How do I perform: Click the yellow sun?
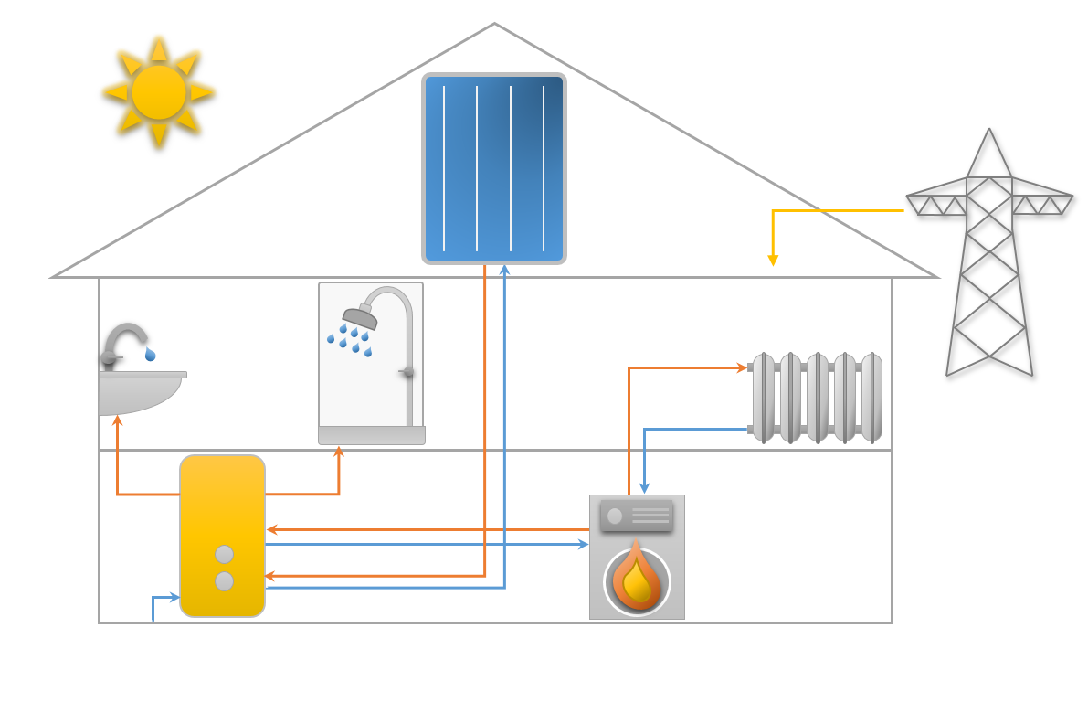159,91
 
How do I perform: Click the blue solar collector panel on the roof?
494,168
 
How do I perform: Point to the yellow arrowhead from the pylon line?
773,261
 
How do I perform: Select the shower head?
360,317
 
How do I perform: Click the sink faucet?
123,340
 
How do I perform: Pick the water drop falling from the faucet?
150,354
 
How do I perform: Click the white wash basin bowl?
137,393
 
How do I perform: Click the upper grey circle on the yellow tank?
224,554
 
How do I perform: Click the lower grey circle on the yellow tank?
224,581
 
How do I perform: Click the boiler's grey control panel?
637,516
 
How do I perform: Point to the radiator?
817,398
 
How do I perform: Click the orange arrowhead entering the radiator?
742,367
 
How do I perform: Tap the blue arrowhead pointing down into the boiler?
644,488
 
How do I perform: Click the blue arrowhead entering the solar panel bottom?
504,270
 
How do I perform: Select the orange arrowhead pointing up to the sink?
117,420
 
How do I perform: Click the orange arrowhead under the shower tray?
339,452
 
